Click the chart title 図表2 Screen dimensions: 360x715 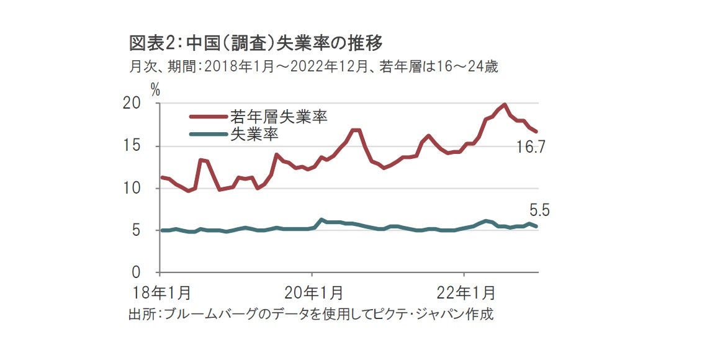pyautogui.click(x=254, y=43)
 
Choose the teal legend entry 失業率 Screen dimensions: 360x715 pyautogui.click(x=254, y=133)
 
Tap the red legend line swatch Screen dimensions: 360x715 pyautogui.click(x=208, y=116)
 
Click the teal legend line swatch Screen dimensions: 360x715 pyautogui.click(x=208, y=133)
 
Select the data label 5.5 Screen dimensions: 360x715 pyautogui.click(x=539, y=210)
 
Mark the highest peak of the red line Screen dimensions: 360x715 pyautogui.click(x=505, y=105)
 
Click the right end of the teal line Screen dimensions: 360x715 pyautogui.click(x=536, y=227)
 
